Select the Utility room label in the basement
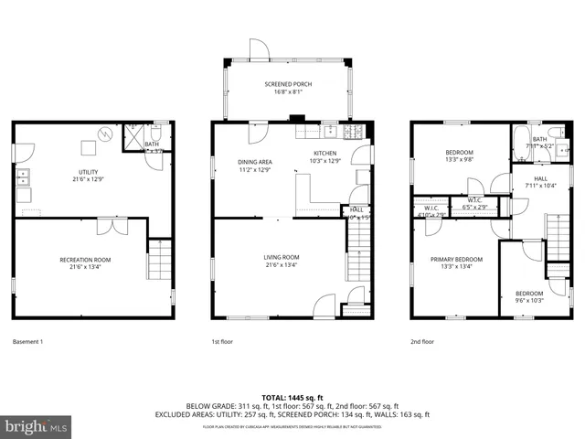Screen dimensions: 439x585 (x=88, y=174)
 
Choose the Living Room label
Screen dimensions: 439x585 (x=282, y=261)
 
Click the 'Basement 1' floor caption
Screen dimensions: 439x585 (x=28, y=342)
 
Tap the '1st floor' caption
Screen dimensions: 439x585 (x=222, y=342)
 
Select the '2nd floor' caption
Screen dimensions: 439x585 (x=422, y=342)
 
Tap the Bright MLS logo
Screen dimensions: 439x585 (x=37, y=426)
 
